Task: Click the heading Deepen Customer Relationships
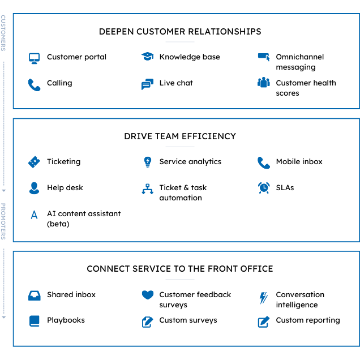180,31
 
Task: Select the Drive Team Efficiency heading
180,136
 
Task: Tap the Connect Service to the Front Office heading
180,268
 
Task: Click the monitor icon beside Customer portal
35,58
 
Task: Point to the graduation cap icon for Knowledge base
147,57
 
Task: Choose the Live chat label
176,83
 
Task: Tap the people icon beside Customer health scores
263,83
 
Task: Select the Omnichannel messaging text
299,62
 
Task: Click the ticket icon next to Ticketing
35,162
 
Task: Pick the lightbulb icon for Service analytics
148,162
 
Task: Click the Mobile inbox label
299,161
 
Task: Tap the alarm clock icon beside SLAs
263,187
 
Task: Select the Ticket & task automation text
183,192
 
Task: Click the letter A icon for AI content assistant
35,215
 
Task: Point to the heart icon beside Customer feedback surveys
148,295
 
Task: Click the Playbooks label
66,320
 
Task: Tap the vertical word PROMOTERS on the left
3,221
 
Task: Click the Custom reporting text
307,320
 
